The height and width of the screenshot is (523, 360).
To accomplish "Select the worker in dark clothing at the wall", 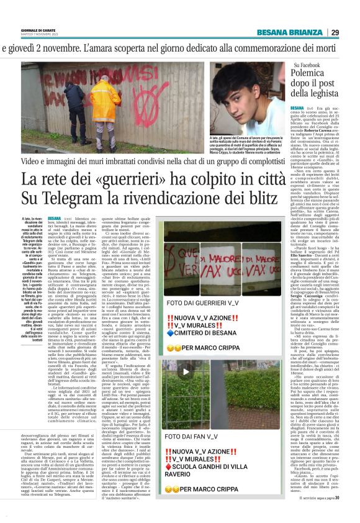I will [70, 106].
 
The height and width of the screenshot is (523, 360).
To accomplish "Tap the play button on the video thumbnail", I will [185, 371].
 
